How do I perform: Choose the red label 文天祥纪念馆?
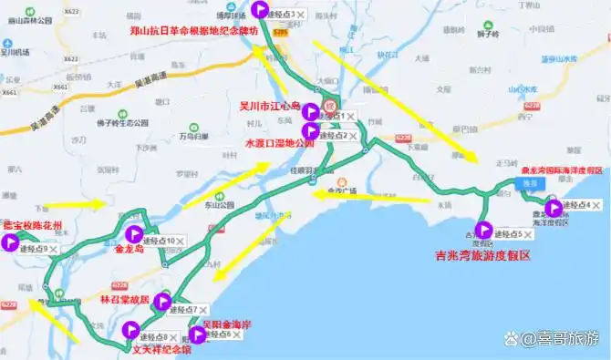162,347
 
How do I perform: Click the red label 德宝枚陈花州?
33,225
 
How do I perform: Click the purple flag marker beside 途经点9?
12,242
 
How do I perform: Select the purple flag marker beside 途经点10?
136,234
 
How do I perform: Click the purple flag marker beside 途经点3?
260,11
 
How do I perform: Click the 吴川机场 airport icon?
8,43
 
